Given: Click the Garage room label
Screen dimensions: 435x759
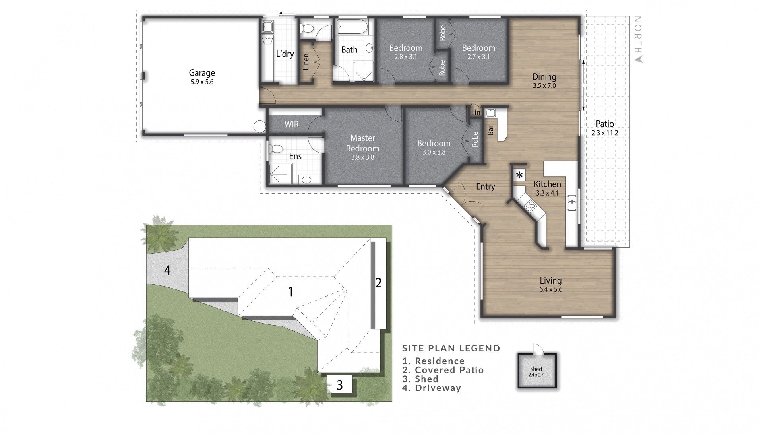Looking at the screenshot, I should pos(201,73).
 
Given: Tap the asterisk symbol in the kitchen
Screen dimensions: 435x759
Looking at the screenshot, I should pos(519,175).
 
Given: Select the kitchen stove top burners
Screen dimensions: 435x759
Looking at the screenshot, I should pos(530,206).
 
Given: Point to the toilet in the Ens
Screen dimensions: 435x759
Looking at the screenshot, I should pos(275,149).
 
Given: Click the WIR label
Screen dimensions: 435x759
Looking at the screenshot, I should pos(291,124).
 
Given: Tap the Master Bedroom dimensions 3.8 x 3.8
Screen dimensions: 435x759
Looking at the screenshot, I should pos(362,157).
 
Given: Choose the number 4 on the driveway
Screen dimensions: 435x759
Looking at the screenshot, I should pos(167,270).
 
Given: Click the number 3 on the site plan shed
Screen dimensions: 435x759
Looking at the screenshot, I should pos(339,385).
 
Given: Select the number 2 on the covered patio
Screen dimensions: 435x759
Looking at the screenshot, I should pos(378,283).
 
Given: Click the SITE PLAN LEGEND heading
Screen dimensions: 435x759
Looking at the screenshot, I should pos(451,348).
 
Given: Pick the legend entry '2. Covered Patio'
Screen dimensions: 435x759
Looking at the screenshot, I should pos(443,370).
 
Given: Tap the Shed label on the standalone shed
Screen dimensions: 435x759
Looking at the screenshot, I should pos(536,369).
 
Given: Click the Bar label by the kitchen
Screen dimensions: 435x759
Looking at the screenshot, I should pos(491,130).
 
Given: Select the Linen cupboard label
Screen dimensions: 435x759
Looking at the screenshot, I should pos(306,62).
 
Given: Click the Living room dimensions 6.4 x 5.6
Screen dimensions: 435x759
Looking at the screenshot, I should pos(550,289).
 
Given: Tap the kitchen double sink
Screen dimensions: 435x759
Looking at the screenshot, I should pos(572,203).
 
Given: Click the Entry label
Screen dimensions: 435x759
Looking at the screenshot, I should pos(485,186).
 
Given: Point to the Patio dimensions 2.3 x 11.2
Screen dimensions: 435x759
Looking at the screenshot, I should pos(604,133).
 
